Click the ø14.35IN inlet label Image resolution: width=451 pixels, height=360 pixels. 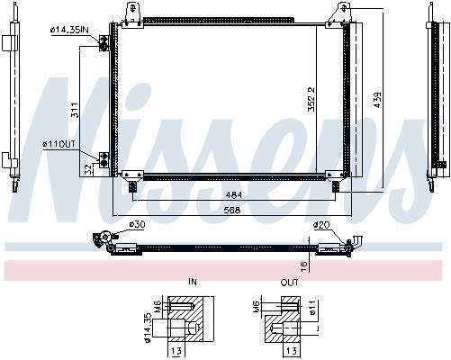coord(69,30)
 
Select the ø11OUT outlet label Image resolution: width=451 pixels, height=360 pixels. coord(59,144)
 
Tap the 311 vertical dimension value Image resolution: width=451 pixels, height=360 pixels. coord(75,110)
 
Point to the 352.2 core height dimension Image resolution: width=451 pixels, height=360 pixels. coord(311,99)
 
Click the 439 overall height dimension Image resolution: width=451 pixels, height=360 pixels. coord(377,100)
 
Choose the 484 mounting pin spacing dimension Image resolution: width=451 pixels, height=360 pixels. coord(234,195)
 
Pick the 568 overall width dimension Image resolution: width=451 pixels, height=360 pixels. coord(232,210)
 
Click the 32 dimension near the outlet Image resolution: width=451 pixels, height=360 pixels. coord(88,170)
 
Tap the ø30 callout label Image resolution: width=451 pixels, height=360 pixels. coord(137,224)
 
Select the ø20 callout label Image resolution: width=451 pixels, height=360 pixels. coord(321,225)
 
